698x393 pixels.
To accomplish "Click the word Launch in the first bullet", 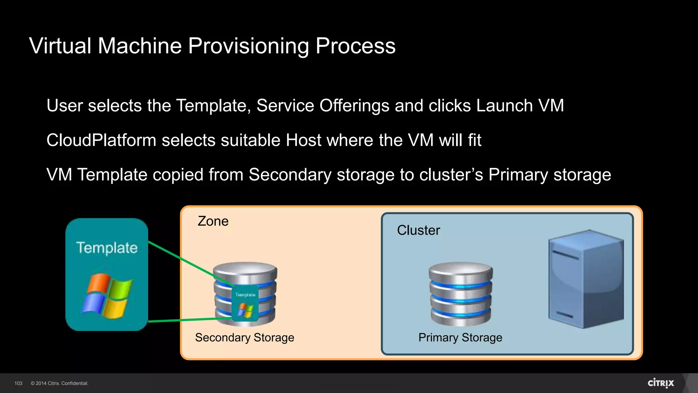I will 504,105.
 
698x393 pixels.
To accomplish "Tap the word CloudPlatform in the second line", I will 101,140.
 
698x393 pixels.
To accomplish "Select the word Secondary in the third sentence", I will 290,175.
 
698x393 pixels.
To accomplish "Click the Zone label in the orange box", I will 213,221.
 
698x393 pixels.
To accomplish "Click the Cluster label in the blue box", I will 418,230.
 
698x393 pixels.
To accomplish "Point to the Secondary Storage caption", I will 244,337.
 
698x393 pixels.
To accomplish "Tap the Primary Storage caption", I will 460,337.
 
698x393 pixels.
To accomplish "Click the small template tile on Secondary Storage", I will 245,304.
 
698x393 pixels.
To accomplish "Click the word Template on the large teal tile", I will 107,248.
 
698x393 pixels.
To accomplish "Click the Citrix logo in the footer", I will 661,383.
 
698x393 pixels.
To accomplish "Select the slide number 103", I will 18,383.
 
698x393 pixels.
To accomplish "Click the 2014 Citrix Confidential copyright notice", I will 59,383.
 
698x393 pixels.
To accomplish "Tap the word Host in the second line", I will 303,140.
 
